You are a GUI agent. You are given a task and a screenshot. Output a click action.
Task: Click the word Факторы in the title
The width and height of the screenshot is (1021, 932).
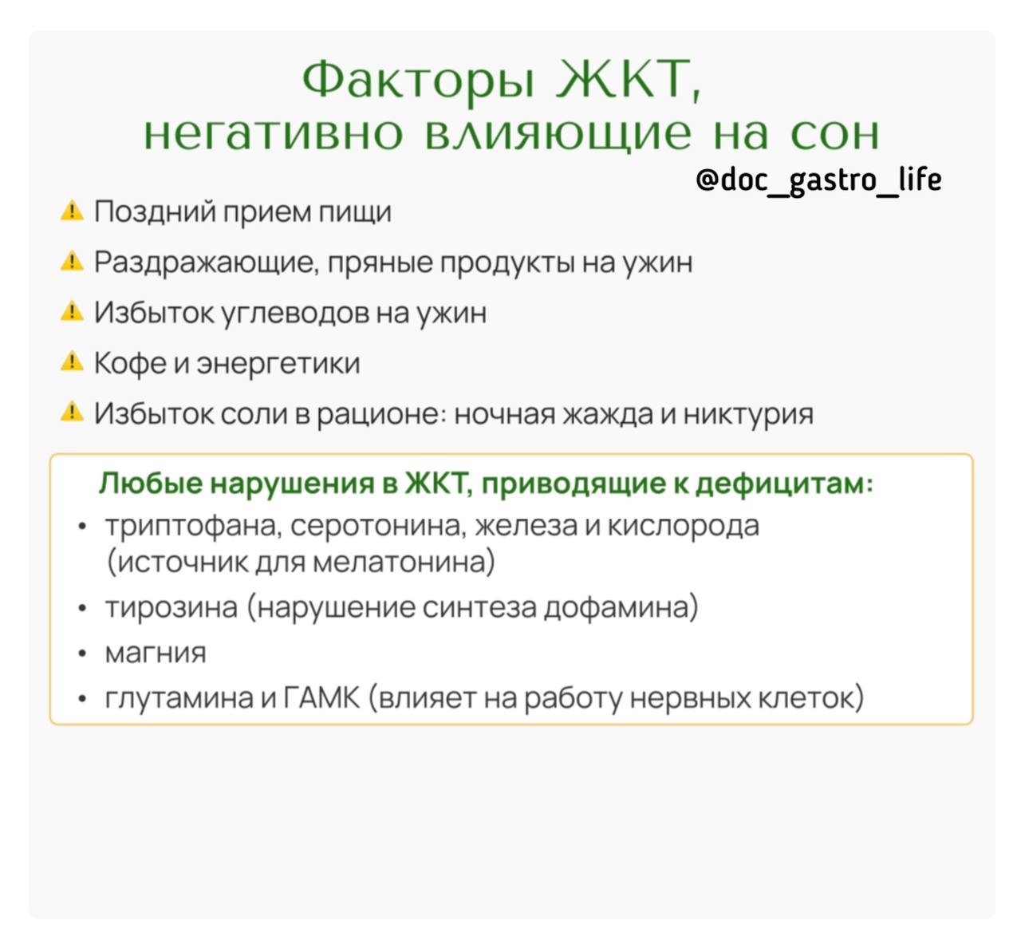(x=418, y=80)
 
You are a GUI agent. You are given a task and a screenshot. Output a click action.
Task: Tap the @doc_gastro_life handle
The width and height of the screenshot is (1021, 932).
(x=818, y=180)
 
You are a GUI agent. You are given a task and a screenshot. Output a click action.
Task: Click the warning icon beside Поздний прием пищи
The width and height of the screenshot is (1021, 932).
(x=72, y=211)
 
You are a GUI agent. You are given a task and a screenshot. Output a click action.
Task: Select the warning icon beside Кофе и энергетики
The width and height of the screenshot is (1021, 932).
(x=72, y=361)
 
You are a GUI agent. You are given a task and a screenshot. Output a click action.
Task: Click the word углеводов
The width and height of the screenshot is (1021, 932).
(x=296, y=313)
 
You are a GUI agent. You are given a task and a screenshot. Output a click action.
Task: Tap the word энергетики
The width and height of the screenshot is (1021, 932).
(x=278, y=364)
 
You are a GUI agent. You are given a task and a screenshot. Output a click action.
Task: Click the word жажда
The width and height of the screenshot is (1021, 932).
(x=609, y=413)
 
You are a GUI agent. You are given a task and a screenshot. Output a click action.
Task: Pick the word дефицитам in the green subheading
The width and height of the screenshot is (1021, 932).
(x=784, y=484)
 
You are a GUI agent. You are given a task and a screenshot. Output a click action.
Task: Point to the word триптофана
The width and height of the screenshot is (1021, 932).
(x=193, y=527)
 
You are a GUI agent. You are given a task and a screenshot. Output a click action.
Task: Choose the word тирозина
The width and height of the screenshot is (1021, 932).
(x=171, y=607)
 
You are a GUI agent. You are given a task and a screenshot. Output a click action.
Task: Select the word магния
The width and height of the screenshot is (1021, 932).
(x=156, y=653)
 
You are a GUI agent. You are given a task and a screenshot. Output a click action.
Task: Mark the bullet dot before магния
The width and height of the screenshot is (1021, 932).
(x=82, y=654)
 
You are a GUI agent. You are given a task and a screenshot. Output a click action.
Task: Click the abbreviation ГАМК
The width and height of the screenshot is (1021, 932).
(x=321, y=697)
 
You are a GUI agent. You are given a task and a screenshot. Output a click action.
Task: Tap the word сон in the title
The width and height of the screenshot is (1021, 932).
(x=834, y=134)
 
